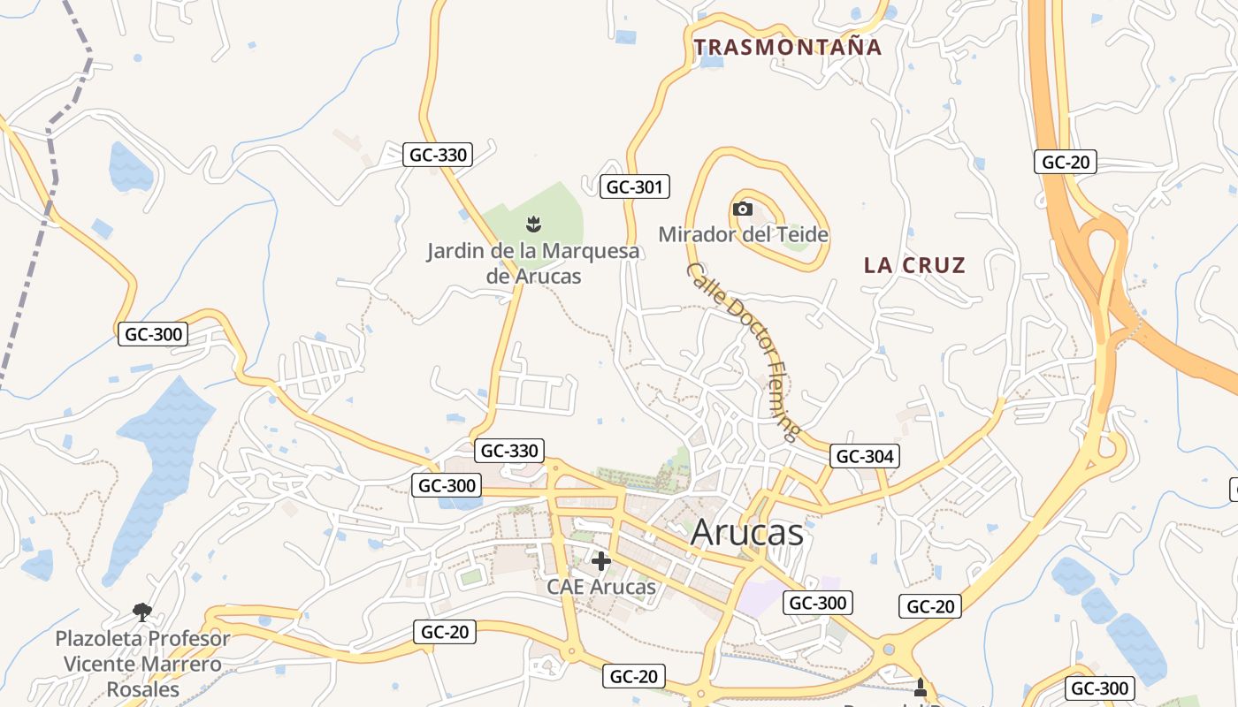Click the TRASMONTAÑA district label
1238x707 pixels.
pos(788,47)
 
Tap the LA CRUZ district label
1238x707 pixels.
pos(914,265)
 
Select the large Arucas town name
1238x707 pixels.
pos(747,532)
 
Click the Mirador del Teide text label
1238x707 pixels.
pos(744,234)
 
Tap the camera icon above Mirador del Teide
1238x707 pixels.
pos(743,209)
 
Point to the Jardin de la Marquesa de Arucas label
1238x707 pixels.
pos(533,263)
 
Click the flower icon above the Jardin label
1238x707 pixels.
pos(533,222)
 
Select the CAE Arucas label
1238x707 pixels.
pos(601,586)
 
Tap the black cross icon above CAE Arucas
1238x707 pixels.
pos(601,561)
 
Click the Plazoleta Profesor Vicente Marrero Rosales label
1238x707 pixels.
pos(142,664)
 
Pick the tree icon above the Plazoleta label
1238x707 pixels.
pos(141,611)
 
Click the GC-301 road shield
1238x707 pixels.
pos(634,186)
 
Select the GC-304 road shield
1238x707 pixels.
pos(866,456)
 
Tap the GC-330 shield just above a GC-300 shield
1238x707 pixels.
pos(508,451)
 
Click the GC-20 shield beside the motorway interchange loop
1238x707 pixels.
pos(1066,162)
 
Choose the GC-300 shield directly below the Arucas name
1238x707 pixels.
pos(818,603)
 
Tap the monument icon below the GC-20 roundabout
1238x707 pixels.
pos(920,687)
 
